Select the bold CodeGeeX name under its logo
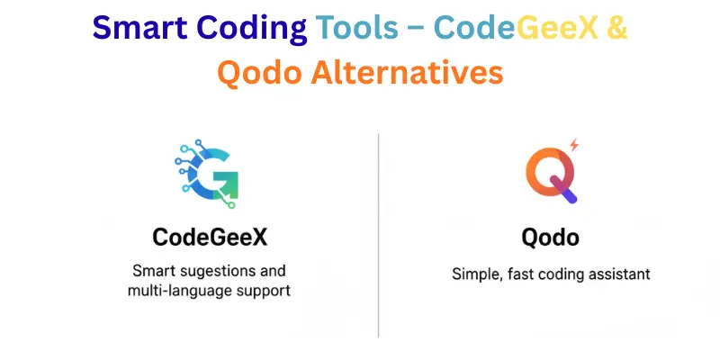[x=210, y=238]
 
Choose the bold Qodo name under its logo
[x=550, y=238]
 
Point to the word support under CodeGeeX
[x=262, y=291]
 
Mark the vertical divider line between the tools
[x=379, y=234]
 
